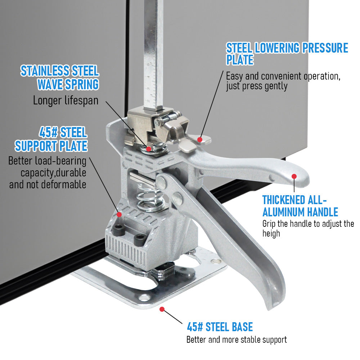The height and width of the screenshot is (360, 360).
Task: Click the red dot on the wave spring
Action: click(149, 149)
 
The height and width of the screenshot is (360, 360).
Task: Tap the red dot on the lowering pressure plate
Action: click(200, 140)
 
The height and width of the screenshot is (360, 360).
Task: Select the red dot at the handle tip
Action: click(294, 176)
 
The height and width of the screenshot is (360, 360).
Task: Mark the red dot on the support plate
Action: click(119, 215)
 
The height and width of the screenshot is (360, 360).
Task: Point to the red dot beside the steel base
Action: click(162, 309)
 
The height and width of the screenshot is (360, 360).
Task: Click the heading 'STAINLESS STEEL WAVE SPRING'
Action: click(60, 78)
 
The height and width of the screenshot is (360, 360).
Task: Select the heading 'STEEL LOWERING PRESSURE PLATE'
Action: click(287, 54)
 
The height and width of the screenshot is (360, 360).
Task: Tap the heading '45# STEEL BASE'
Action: click(220, 327)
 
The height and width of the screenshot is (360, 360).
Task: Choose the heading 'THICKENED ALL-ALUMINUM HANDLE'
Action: click(300, 206)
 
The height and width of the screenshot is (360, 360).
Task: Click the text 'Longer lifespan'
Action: click(66, 101)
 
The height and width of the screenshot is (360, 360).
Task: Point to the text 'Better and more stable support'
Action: click(237, 340)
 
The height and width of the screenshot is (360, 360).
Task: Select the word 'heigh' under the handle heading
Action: click(271, 234)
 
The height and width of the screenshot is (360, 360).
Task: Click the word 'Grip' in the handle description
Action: click(269, 224)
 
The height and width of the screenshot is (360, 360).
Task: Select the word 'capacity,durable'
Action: click(53, 173)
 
